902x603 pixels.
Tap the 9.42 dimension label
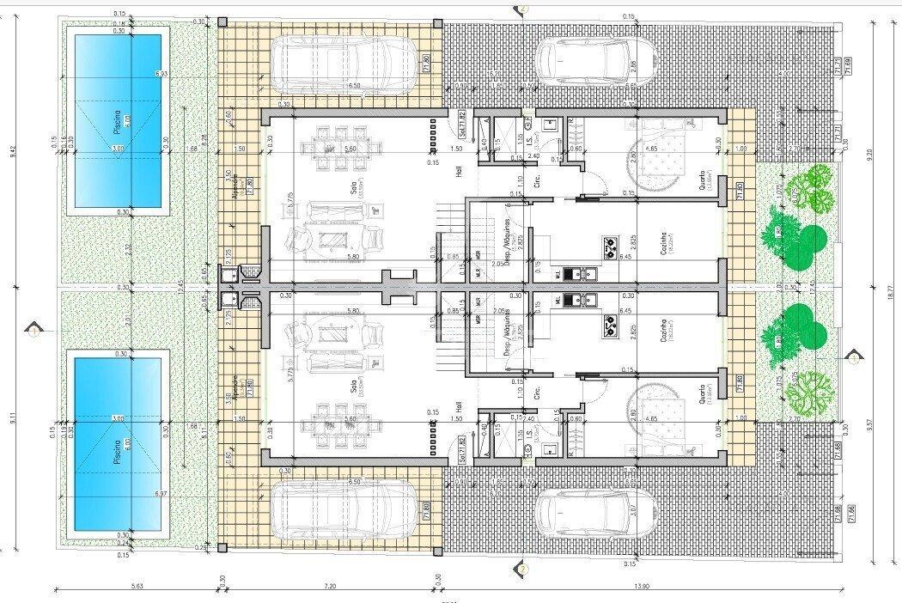pyautogui.click(x=13, y=151)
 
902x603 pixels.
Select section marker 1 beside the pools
pyautogui.click(x=33, y=330)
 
